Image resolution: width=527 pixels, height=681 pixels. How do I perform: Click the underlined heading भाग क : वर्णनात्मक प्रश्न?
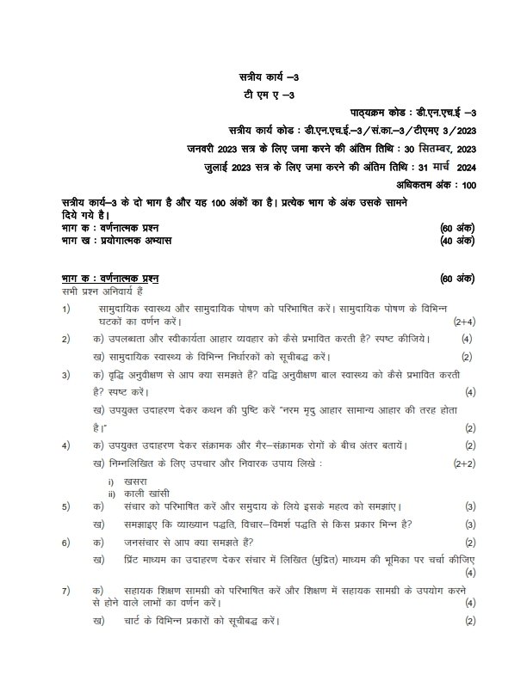(109, 279)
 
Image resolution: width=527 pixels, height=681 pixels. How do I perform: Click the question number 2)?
(65, 339)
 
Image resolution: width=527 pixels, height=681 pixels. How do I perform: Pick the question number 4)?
(65, 445)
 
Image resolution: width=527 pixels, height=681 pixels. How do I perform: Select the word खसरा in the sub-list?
(133, 484)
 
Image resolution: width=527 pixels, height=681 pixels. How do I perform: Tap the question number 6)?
(65, 543)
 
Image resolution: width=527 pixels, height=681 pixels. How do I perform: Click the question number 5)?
(65, 506)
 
